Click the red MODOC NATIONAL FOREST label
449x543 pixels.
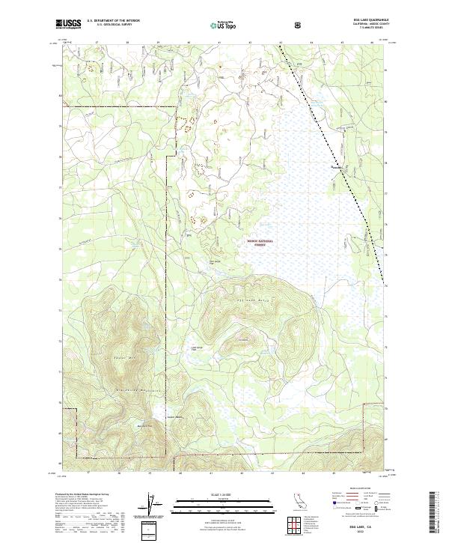[x=260, y=243]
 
